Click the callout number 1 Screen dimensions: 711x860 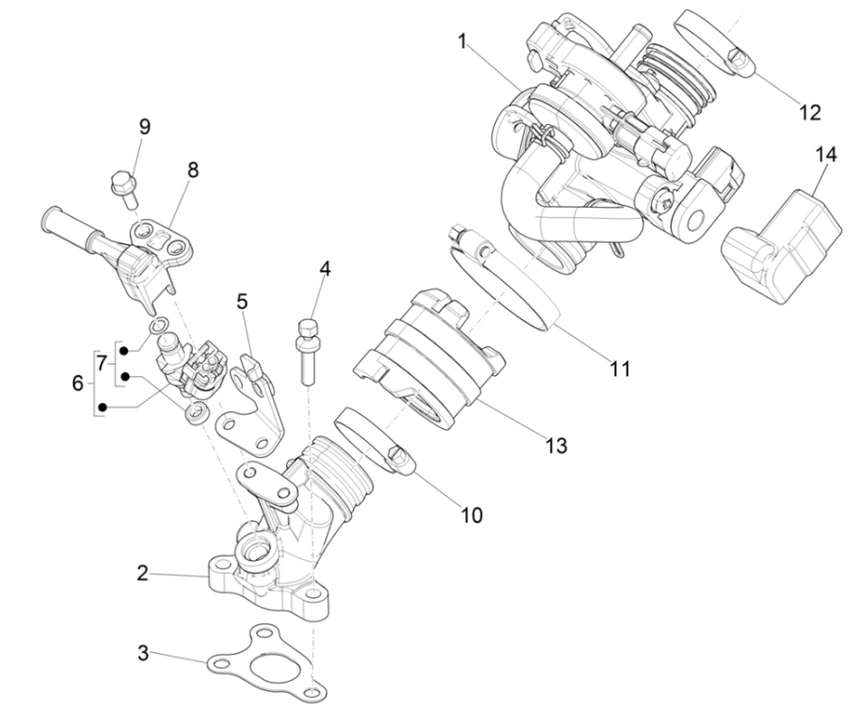click(462, 41)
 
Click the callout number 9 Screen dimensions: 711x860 click(144, 126)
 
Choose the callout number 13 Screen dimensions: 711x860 click(556, 444)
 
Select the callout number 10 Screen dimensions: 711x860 click(470, 514)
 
